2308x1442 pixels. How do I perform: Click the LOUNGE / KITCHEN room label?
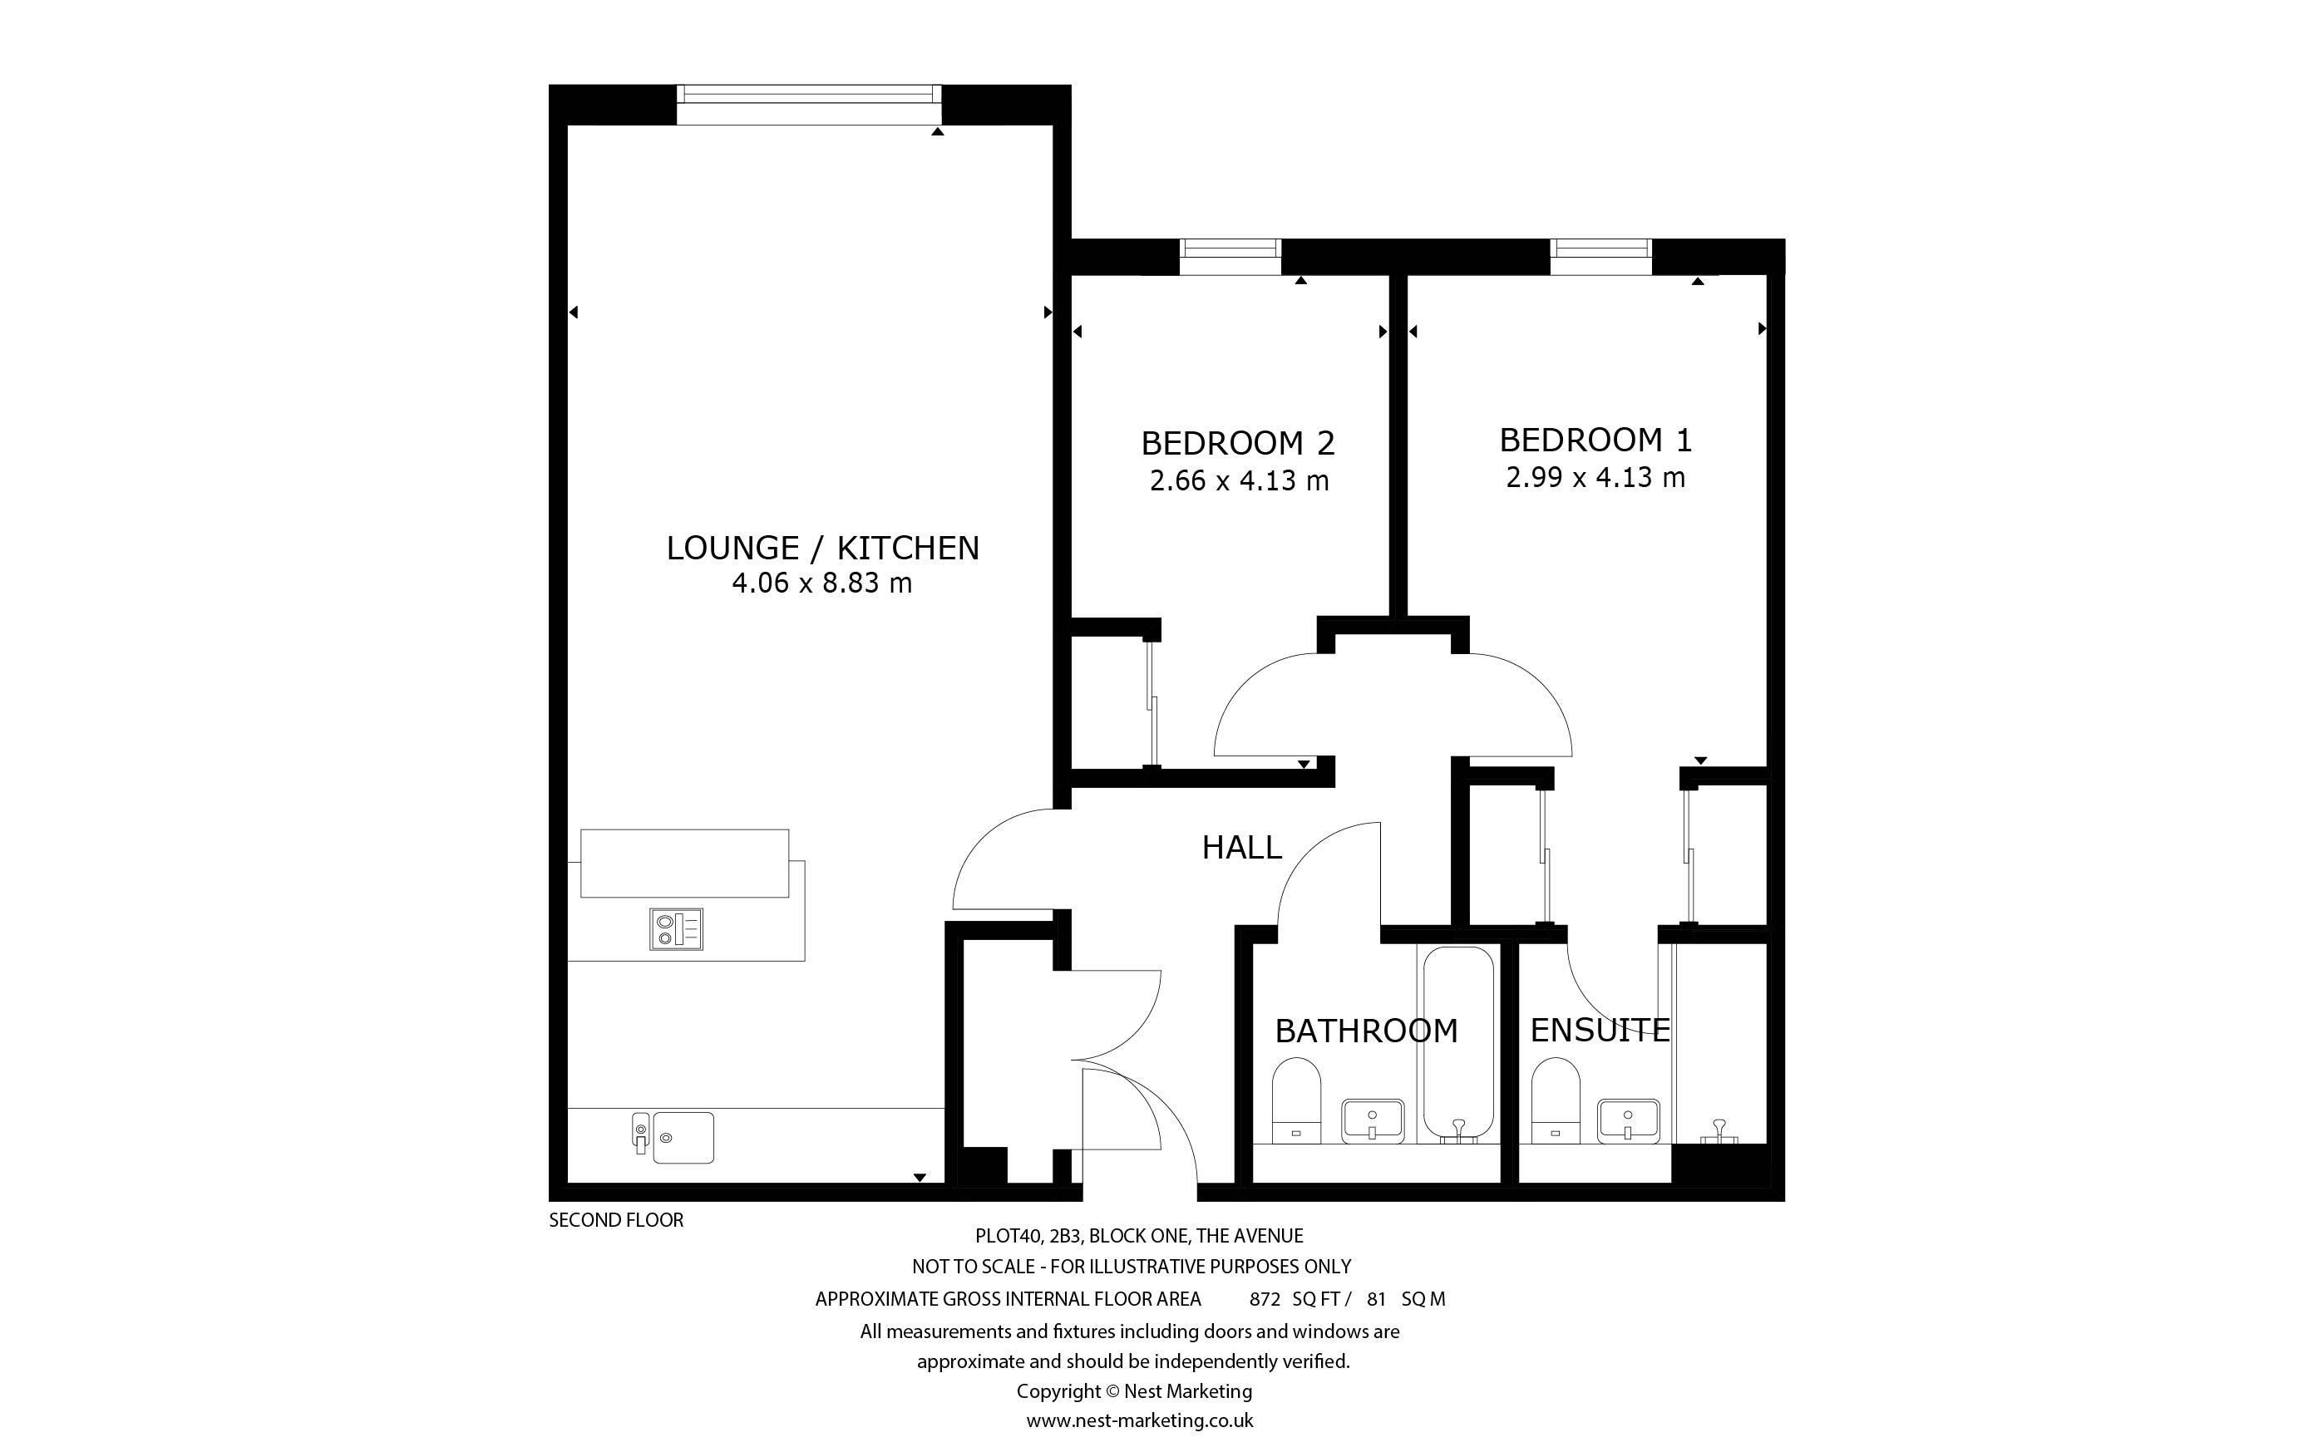(x=822, y=548)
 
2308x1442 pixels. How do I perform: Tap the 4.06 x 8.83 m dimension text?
(x=822, y=583)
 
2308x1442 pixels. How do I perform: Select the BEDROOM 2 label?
(x=1238, y=444)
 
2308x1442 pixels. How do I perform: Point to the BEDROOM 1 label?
(x=1595, y=440)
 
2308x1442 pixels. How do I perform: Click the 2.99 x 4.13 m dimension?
(x=1595, y=477)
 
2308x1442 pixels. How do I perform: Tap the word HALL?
(x=1242, y=847)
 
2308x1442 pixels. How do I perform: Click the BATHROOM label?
(x=1367, y=1030)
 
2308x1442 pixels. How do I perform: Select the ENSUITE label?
(x=1600, y=1030)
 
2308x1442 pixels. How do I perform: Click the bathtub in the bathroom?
(x=1459, y=1044)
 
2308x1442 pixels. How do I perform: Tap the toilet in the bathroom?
(x=1297, y=1100)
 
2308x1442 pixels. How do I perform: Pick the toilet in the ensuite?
(x=1556, y=1100)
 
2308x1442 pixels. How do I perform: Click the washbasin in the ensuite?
(x=1629, y=1120)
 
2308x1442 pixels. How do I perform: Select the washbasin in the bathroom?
(x=1373, y=1120)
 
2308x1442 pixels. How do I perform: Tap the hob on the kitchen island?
(x=676, y=929)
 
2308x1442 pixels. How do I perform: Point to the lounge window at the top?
(x=809, y=104)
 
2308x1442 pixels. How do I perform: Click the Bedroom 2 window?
(x=1230, y=257)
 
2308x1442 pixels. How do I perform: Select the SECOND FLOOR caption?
(x=616, y=1220)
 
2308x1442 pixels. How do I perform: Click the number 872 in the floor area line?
(x=1265, y=1299)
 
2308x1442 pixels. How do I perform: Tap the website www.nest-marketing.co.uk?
(x=1140, y=1420)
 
